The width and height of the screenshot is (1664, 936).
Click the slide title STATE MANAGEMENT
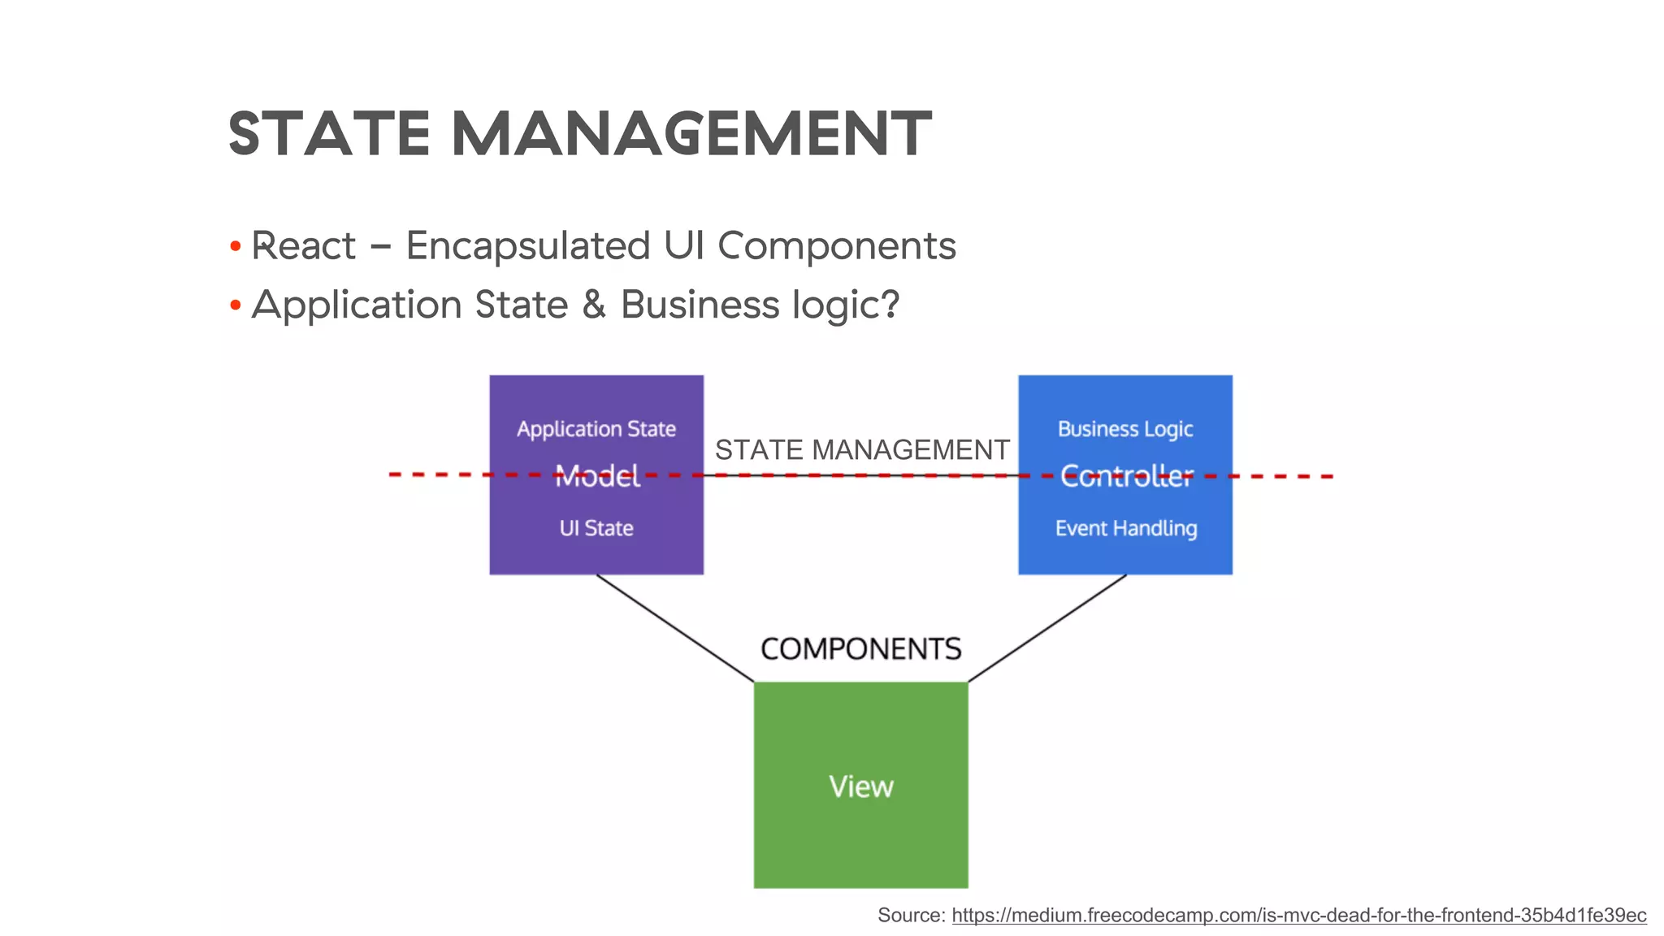(x=579, y=134)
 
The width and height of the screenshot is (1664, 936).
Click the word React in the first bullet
(x=303, y=246)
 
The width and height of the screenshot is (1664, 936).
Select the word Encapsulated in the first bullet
(x=528, y=246)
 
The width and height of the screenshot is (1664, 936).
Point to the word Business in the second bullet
(x=700, y=305)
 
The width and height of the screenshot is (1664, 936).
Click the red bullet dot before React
(x=236, y=246)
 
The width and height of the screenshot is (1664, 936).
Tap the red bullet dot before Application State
(x=236, y=306)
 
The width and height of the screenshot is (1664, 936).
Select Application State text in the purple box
(x=596, y=429)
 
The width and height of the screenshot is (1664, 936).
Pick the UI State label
(x=596, y=528)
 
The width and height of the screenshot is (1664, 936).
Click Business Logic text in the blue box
(x=1125, y=429)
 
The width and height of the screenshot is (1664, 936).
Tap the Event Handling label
(x=1126, y=529)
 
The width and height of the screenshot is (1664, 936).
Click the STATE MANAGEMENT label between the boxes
(x=861, y=450)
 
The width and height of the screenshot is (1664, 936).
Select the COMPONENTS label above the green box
(x=861, y=649)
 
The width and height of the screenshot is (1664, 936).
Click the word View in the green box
(x=861, y=786)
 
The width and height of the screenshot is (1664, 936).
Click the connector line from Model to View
(x=675, y=628)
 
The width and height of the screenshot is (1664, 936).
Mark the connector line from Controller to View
(x=1047, y=628)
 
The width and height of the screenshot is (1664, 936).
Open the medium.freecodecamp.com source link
(x=1298, y=916)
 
